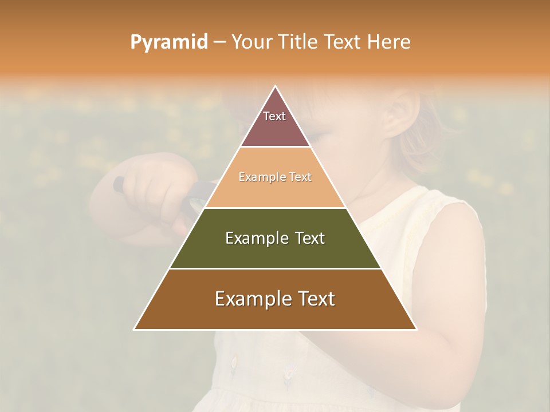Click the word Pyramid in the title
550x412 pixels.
click(169, 42)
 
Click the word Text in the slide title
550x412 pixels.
click(343, 42)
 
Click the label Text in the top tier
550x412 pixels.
click(274, 116)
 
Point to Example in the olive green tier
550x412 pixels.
click(251, 238)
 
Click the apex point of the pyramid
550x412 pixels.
click(276, 87)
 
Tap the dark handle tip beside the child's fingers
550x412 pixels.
click(118, 183)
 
